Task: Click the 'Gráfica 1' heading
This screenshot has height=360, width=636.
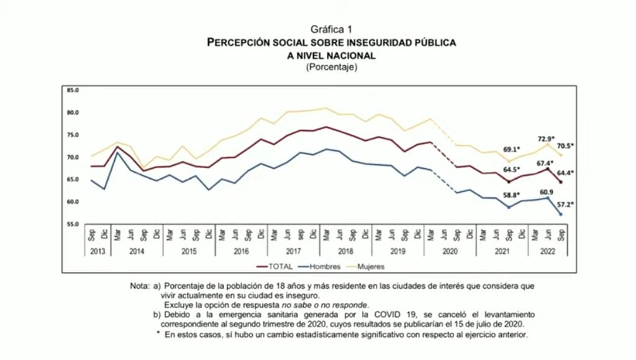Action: (x=331, y=29)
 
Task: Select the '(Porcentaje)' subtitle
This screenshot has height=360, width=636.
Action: (x=331, y=67)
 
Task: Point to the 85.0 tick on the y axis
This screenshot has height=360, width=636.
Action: (x=73, y=90)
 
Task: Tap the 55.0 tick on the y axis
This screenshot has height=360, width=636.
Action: (x=73, y=224)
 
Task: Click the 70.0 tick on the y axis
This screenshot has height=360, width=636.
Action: (x=73, y=157)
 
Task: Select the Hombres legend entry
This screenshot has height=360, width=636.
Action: (x=322, y=266)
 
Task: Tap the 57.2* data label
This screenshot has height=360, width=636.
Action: (x=565, y=205)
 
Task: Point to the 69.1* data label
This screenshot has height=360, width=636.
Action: (x=511, y=150)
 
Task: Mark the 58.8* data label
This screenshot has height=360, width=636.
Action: (x=511, y=195)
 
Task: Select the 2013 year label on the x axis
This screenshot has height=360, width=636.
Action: (x=97, y=251)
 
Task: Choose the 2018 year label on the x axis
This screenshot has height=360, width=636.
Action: (x=346, y=251)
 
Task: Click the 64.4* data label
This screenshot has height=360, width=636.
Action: (x=564, y=173)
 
